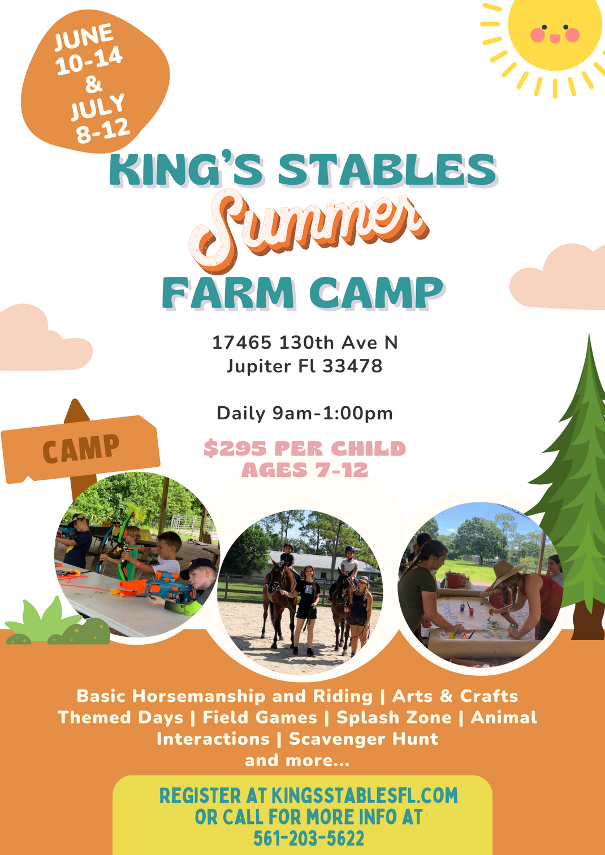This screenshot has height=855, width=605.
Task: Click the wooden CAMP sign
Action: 80,449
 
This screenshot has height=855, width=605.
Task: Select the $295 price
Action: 235,449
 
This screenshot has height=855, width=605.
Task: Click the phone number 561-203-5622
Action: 309,839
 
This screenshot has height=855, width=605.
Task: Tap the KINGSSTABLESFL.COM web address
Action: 364,796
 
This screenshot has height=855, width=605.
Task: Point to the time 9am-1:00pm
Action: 332,414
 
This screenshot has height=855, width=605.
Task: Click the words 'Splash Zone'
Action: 394,718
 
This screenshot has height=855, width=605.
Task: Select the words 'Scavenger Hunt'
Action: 364,739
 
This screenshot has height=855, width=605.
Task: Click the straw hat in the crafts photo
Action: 507,572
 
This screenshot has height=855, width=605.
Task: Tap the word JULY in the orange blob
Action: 97,107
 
